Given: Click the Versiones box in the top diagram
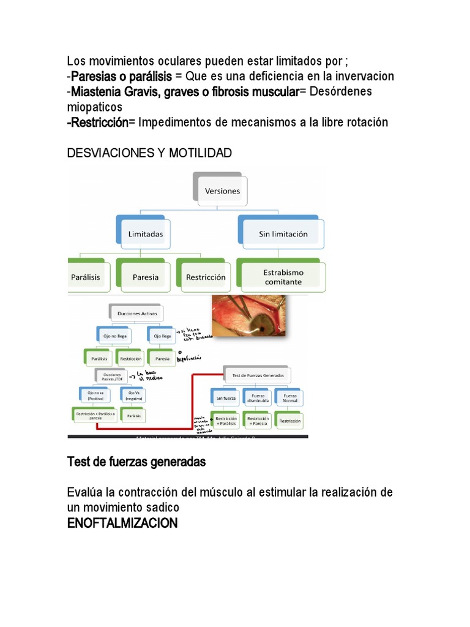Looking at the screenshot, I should coord(222,191).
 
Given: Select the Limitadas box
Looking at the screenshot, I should coord(146,233).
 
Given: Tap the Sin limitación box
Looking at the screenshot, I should coord(283,234).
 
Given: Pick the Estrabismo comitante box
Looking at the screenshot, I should coord(283,277).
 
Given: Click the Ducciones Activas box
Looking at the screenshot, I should coord(137,313).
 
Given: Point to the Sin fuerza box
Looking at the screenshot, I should coord(226,397).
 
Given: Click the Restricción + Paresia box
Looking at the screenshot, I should coord(258,421).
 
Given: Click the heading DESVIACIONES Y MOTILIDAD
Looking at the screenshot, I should coord(149,153).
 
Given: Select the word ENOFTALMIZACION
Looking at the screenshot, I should coord(122,524).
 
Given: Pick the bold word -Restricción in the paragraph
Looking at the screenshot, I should coord(98,122).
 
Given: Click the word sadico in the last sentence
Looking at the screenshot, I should coord(162,508).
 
